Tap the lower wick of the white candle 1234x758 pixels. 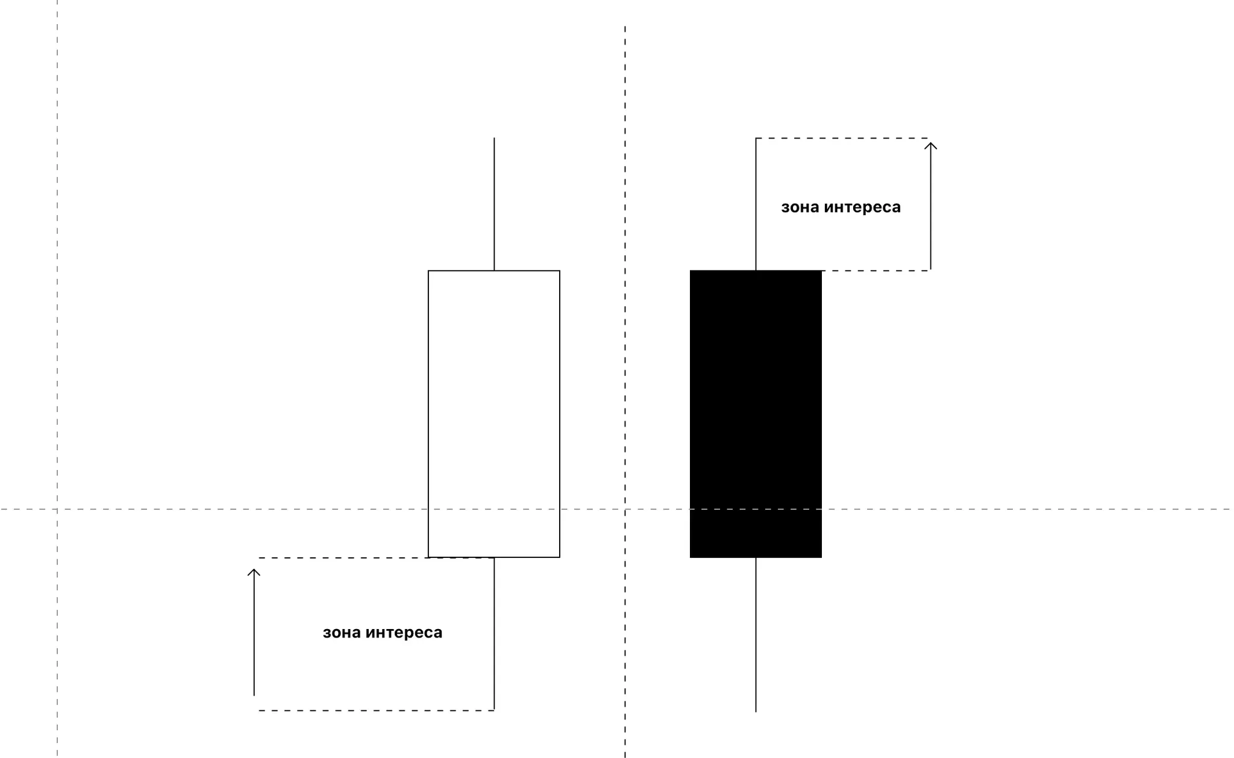click(494, 633)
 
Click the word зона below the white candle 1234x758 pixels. click(342, 633)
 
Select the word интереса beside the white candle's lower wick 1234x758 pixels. click(404, 633)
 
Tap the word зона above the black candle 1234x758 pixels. click(800, 207)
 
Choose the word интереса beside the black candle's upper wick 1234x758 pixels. click(862, 207)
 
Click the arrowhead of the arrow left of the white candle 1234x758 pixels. click(254, 571)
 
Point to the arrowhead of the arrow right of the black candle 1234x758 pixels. click(930, 144)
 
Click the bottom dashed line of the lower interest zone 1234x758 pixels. click(377, 710)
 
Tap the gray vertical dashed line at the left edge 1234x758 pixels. click(57, 301)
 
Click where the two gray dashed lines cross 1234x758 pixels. click(57, 509)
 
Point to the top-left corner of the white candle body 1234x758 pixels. click(428, 271)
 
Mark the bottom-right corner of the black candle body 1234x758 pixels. click(821, 557)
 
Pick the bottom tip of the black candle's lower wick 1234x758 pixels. click(756, 711)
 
